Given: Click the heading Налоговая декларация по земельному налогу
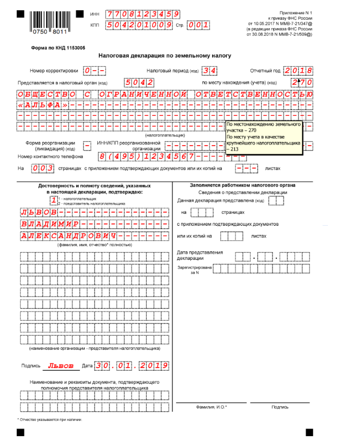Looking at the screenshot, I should [x=165, y=55].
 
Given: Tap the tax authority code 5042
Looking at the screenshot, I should [x=139, y=82].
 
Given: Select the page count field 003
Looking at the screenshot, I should [x=42, y=169].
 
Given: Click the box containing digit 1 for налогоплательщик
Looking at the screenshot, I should [x=53, y=200].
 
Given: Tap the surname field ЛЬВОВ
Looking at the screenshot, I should [x=39, y=212].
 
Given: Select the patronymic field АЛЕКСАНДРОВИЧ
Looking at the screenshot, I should [x=69, y=236].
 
